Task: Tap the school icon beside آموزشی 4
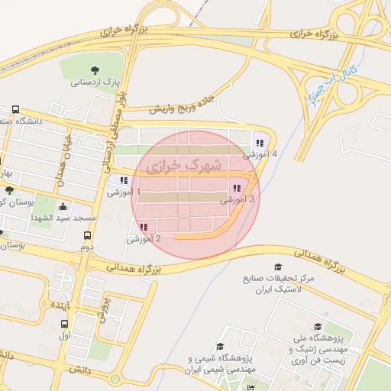point(260,142)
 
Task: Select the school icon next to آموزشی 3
point(237,188)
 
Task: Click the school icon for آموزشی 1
point(124,181)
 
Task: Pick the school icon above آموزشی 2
point(144,227)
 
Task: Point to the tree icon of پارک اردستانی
point(94,70)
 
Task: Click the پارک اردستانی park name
point(97,81)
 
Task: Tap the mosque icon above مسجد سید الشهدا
point(63,207)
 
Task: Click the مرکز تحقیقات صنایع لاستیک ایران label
point(272,284)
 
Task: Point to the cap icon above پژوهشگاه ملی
point(318,327)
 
